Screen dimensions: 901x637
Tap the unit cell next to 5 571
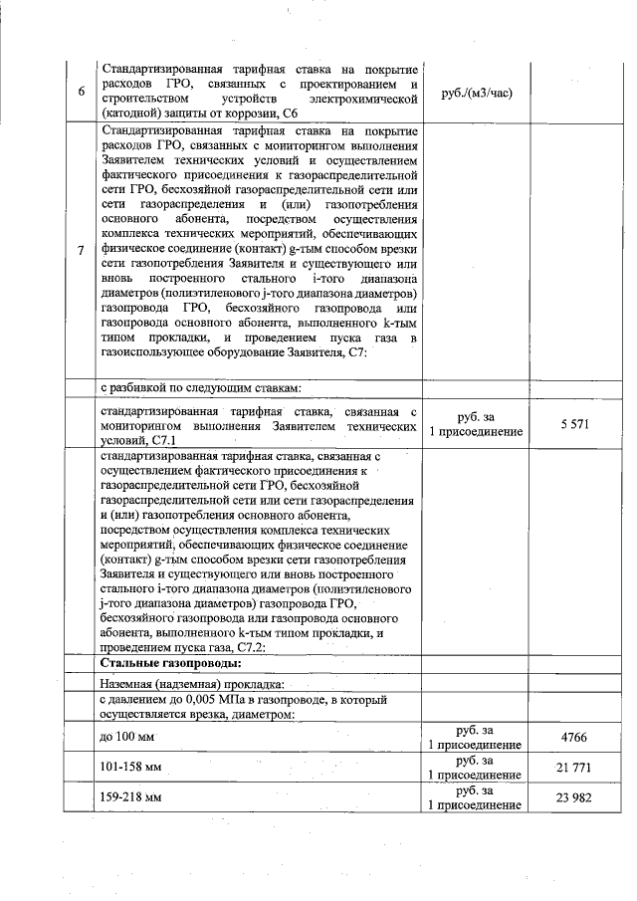[475, 424]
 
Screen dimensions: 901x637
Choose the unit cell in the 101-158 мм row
[475, 769]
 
